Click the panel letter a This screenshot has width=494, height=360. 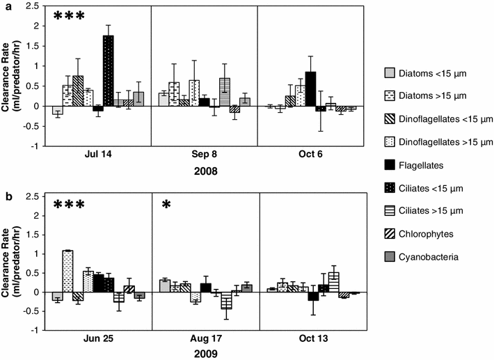click(x=6, y=6)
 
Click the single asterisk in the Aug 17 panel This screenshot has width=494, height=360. click(x=166, y=206)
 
